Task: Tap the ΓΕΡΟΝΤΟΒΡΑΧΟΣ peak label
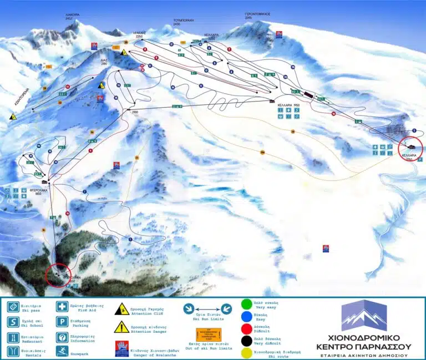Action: point(257,15)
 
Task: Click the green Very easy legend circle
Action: point(246,305)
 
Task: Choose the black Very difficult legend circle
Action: point(246,337)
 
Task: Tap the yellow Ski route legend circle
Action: point(246,351)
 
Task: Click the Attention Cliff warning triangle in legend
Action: point(119,307)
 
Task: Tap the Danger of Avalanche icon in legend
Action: point(121,347)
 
